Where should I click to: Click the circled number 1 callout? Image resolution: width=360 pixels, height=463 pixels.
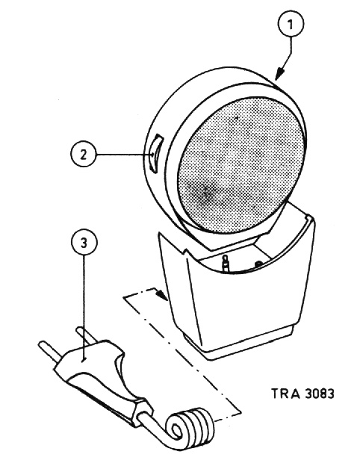(x=291, y=24)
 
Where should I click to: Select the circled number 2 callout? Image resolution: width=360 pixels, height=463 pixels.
(x=84, y=155)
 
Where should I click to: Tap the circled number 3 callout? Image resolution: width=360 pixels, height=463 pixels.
(x=84, y=243)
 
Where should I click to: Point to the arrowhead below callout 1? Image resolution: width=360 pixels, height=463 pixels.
(x=279, y=73)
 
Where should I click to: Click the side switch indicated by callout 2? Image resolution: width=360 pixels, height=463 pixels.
(x=155, y=154)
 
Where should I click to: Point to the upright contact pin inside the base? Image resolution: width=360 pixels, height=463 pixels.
(x=226, y=264)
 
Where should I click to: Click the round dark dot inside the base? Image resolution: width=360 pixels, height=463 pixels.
(x=258, y=263)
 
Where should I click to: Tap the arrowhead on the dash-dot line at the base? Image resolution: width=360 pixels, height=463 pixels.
(x=162, y=294)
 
